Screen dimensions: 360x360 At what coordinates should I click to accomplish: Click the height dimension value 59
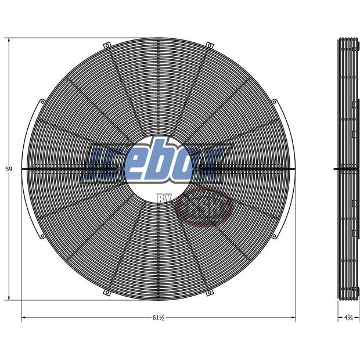pos(9,170)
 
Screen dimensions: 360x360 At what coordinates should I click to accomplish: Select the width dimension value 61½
pos(159,318)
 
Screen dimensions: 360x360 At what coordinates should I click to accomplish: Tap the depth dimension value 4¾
pos(348,318)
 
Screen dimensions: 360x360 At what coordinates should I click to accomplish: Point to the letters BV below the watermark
pos(164,199)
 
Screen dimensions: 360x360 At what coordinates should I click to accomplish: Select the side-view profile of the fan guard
pos(347,170)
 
